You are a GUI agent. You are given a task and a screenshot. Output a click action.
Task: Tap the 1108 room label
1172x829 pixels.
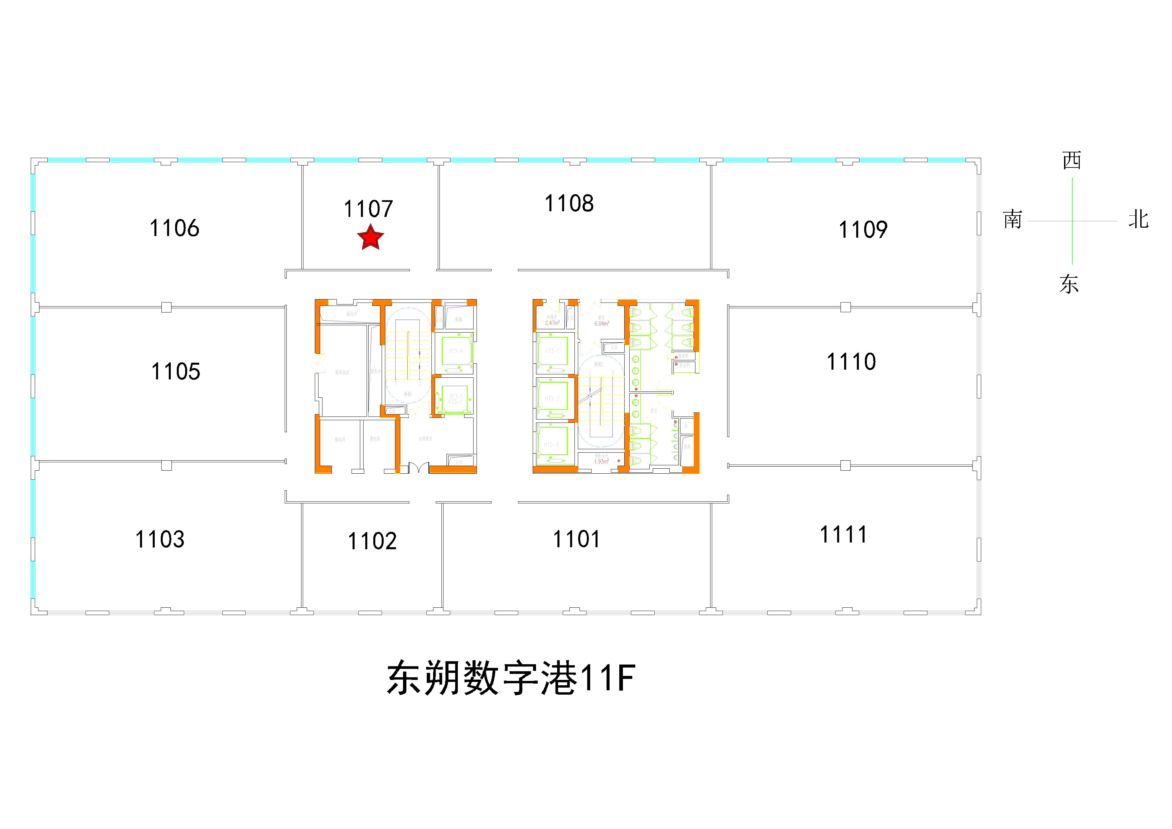coord(569,204)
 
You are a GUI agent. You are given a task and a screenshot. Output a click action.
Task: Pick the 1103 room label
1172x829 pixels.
coord(160,540)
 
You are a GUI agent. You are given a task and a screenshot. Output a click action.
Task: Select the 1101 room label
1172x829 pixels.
coord(576,539)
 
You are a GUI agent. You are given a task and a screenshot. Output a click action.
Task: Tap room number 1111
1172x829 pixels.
coord(843,535)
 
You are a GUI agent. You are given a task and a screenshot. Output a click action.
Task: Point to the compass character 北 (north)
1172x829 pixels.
coord(1138,220)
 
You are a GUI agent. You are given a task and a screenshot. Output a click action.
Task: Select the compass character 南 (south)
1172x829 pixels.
coord(1012,220)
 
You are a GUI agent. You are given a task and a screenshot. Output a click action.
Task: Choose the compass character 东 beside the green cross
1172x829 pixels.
coord(1069,284)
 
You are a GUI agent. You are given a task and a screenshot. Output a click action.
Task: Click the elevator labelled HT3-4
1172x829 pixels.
coord(455,351)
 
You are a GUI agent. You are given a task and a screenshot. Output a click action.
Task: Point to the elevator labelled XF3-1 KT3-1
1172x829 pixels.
coord(455,399)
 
